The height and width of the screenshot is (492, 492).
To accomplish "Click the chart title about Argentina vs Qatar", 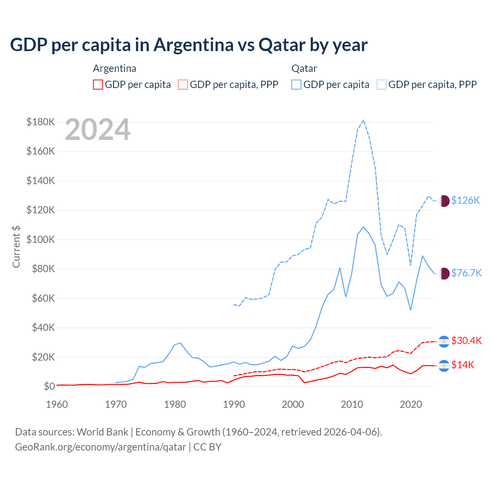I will (189, 45).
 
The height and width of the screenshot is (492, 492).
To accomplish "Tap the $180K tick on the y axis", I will (41, 122).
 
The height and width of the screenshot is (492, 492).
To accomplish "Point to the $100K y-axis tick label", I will (41, 239).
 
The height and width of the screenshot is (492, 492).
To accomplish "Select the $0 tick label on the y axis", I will (49, 386).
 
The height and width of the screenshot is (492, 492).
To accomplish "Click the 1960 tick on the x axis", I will (57, 404).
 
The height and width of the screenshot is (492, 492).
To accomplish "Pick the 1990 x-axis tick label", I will (234, 404).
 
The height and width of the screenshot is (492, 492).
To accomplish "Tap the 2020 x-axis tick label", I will (411, 404).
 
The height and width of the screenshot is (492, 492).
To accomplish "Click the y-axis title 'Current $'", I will (16, 246).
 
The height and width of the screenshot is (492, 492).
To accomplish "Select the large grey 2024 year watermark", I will (98, 130).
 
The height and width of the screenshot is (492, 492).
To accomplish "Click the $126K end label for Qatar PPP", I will (465, 200).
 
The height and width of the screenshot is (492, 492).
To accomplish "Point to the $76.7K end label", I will (466, 273).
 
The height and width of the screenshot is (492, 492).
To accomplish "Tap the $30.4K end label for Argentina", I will (466, 341).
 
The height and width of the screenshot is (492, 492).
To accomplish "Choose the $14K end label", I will (463, 365).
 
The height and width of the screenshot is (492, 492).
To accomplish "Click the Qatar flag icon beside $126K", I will (444, 201).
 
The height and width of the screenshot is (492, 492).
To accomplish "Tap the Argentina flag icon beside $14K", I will (444, 366).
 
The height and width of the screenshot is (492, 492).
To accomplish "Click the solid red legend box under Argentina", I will (98, 85).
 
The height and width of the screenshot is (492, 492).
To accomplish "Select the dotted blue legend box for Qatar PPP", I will (382, 85).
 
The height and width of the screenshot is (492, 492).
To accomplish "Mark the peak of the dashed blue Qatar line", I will (363, 120).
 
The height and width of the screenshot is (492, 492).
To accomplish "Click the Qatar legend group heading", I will (304, 68).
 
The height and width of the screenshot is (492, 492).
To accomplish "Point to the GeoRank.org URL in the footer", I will (100, 447).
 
